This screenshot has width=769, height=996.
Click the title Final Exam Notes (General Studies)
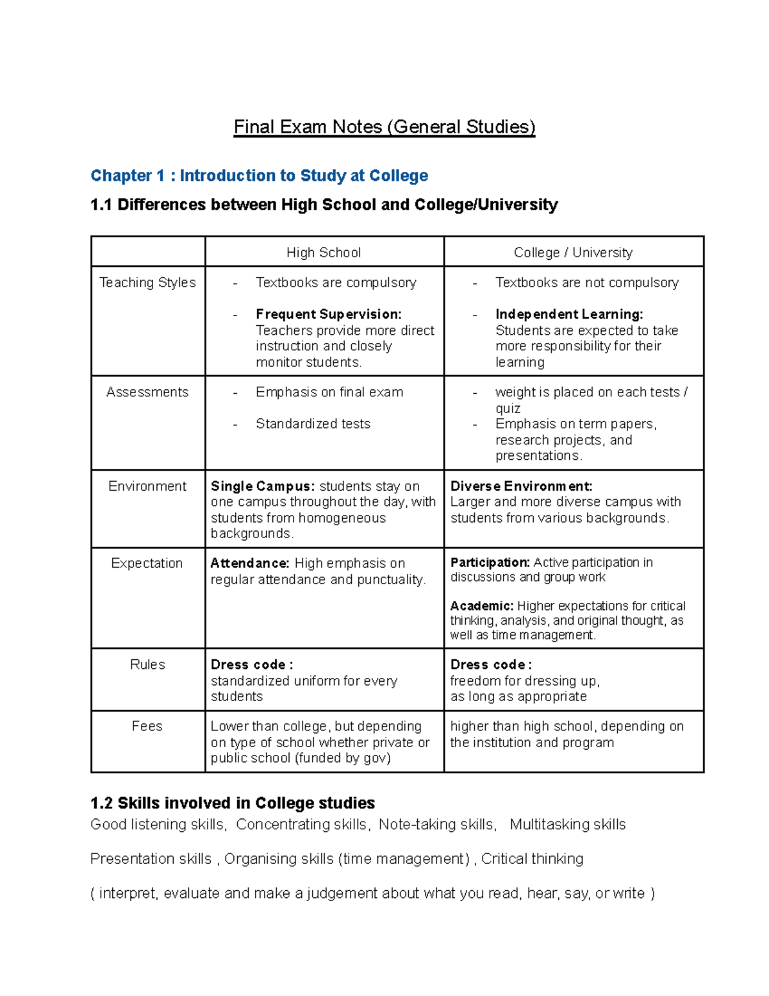pos(384,127)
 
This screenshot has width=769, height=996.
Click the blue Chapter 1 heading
pos(259,176)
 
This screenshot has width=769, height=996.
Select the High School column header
pos(324,253)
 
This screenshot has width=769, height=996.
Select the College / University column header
pos(573,253)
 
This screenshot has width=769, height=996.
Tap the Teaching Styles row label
pos(147,283)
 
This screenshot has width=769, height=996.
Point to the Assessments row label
pos(147,392)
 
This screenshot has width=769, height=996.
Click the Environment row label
pos(147,486)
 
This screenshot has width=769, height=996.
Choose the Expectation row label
pos(147,563)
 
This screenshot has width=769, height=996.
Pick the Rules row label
pos(147,664)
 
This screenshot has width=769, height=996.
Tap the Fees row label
pos(147,726)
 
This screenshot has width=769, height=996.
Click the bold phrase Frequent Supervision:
pos(329,314)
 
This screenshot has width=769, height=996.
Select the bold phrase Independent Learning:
pos(569,314)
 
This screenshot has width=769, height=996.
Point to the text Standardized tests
pos(313,424)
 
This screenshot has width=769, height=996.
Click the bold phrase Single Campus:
pos(263,486)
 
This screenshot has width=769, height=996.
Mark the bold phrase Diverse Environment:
pos(521,486)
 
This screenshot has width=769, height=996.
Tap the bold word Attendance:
pos(250,563)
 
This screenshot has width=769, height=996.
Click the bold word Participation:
pos(490,562)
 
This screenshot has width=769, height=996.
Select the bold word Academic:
pos(482,606)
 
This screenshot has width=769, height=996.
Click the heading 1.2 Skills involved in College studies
pos(233,803)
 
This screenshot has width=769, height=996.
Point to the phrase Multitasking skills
pos(568,825)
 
